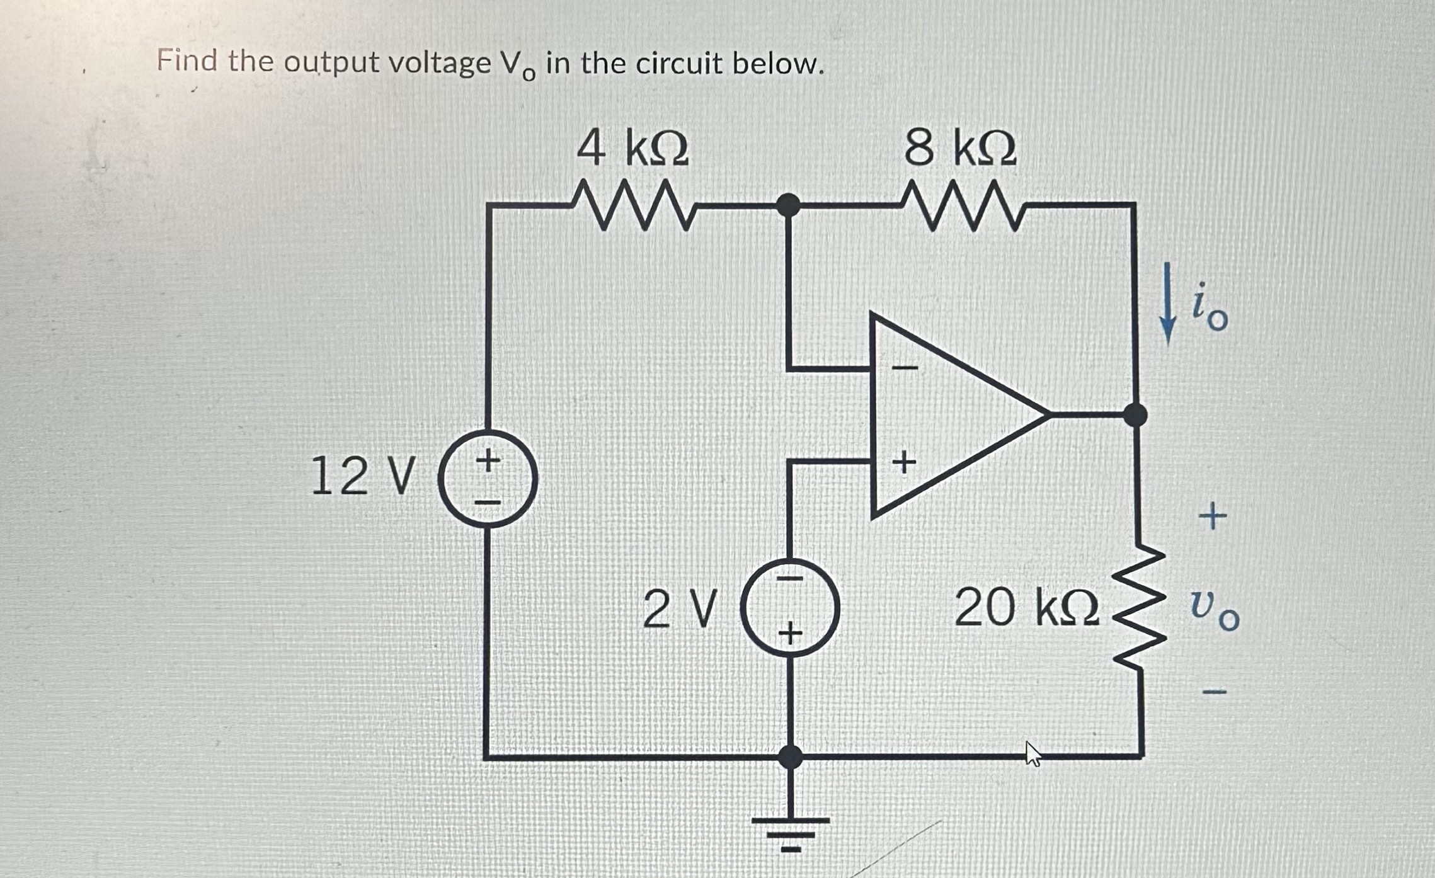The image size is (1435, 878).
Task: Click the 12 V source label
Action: (x=363, y=477)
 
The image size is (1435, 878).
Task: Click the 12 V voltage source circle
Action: (x=488, y=479)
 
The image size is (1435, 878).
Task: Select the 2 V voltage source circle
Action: (x=790, y=608)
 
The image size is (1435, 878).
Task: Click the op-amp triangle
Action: (x=945, y=416)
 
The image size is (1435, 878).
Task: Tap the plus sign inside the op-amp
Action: (x=904, y=464)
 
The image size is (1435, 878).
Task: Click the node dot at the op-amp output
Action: (x=1135, y=415)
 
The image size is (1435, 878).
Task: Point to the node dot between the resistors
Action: (x=787, y=205)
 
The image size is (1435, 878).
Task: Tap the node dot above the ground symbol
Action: (x=790, y=756)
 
